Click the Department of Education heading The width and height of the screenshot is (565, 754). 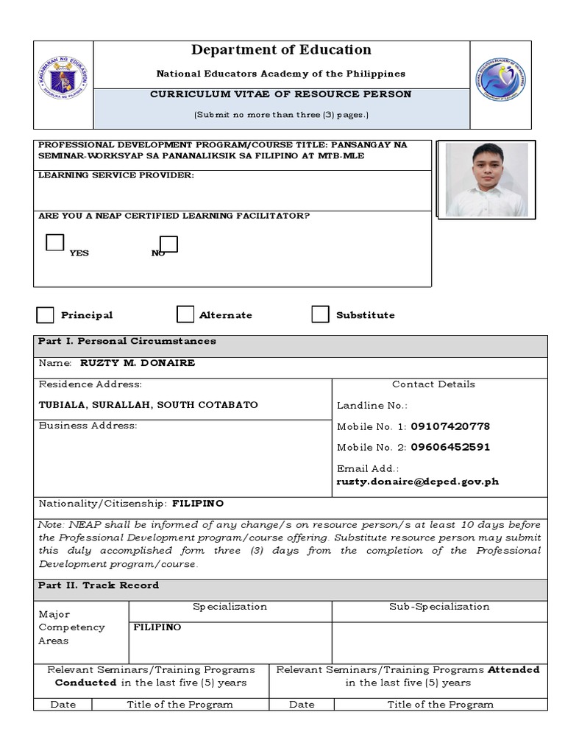(281, 50)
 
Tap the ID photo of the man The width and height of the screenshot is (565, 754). (487, 179)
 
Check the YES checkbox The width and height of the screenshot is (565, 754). (54, 242)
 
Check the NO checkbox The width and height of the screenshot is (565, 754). (168, 244)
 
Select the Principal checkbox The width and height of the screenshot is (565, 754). (46, 315)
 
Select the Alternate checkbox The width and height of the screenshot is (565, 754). (185, 315)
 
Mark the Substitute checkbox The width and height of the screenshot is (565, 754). (320, 314)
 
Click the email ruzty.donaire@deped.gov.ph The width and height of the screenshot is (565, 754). (418, 482)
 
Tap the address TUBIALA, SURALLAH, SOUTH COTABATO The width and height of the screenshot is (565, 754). (149, 405)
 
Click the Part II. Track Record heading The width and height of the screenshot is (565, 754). (99, 585)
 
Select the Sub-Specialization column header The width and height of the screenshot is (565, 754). (439, 607)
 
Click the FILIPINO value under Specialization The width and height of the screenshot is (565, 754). (157, 627)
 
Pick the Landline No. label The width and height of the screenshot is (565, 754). (372, 406)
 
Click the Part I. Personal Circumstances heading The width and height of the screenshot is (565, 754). (127, 341)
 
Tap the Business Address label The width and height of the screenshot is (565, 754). (88, 426)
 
